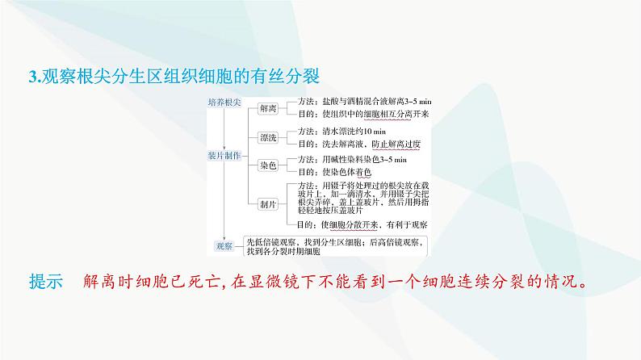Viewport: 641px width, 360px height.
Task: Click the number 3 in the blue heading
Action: (31, 77)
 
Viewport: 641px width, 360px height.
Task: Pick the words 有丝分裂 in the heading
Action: (292, 77)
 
